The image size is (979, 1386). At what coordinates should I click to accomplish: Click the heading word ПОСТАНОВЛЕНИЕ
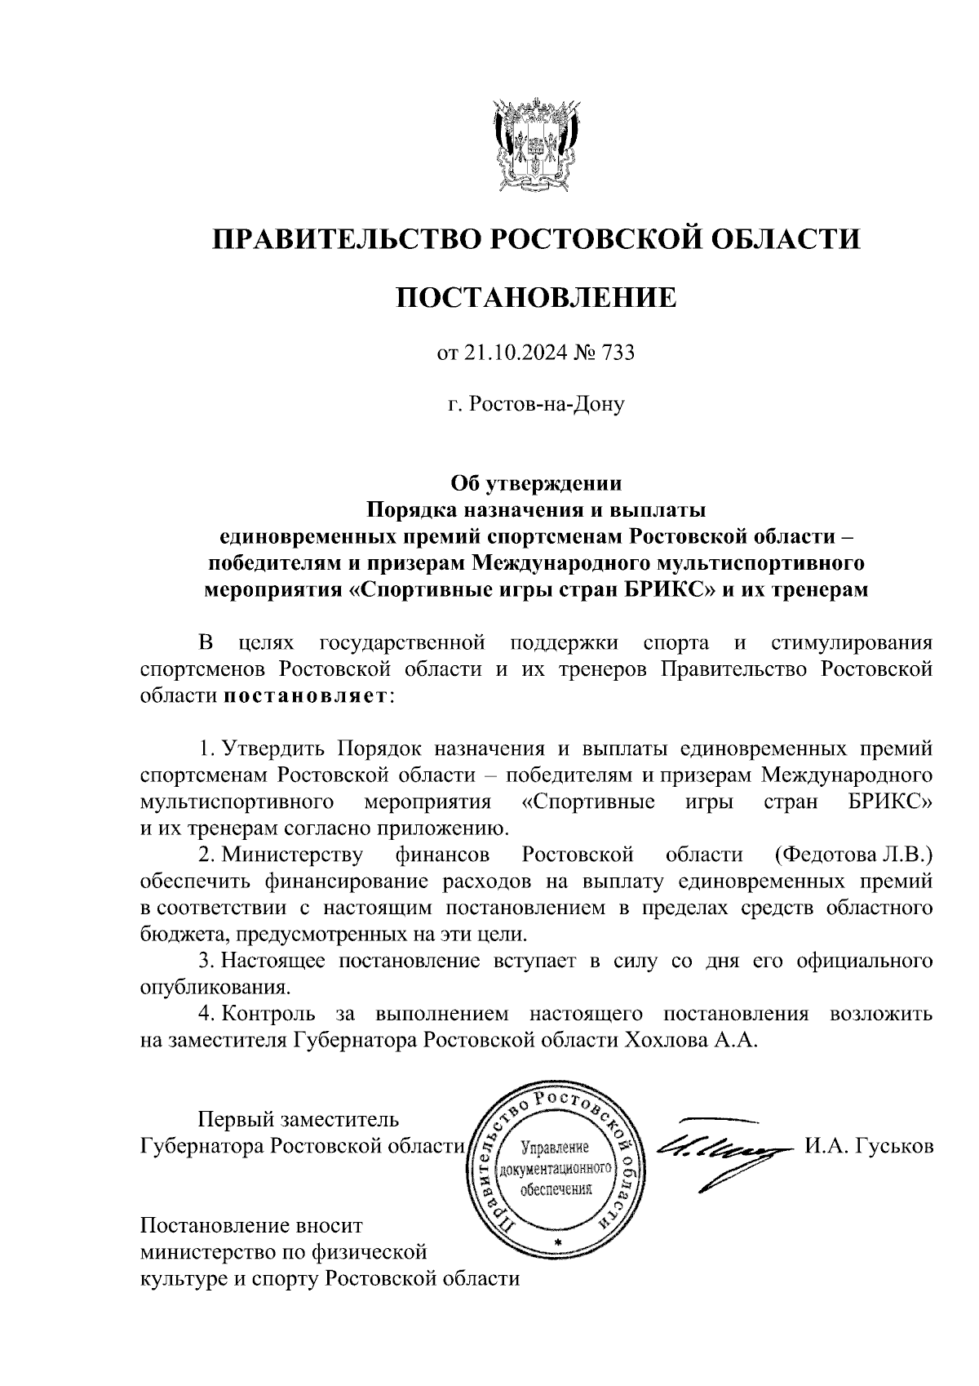[536, 298]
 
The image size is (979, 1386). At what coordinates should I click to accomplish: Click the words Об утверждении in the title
[536, 483]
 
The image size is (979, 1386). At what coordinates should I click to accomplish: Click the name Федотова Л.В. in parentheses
[850, 855]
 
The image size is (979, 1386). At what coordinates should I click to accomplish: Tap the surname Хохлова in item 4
[669, 1040]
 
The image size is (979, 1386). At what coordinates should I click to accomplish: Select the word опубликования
[215, 987]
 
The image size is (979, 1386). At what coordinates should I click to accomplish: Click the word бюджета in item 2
[177, 934]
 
